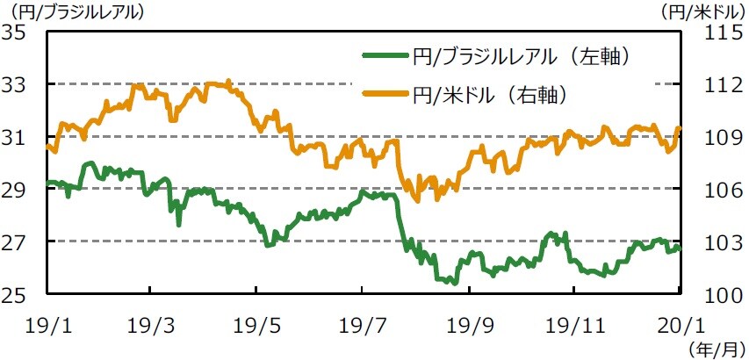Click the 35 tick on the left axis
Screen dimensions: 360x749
pyautogui.click(x=18, y=32)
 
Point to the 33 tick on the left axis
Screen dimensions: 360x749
pyautogui.click(x=18, y=85)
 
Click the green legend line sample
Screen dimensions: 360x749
pyautogui.click(x=385, y=57)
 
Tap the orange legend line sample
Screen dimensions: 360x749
pyautogui.click(x=385, y=92)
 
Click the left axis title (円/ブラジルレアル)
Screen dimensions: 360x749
pyautogui.click(x=74, y=12)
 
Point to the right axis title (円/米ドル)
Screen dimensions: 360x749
pyautogui.click(x=702, y=12)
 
